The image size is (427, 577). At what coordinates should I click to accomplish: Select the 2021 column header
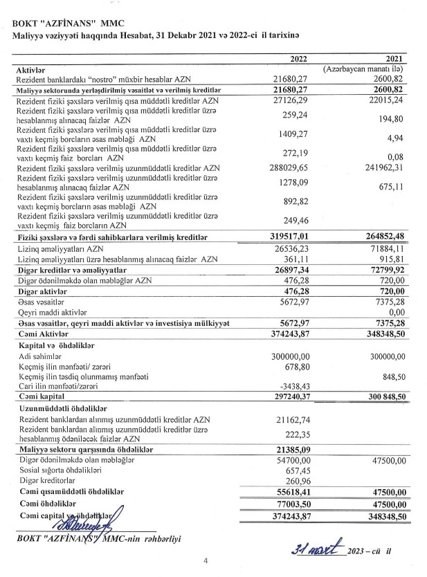tap(397, 60)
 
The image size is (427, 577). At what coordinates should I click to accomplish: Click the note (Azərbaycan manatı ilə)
tap(372, 71)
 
